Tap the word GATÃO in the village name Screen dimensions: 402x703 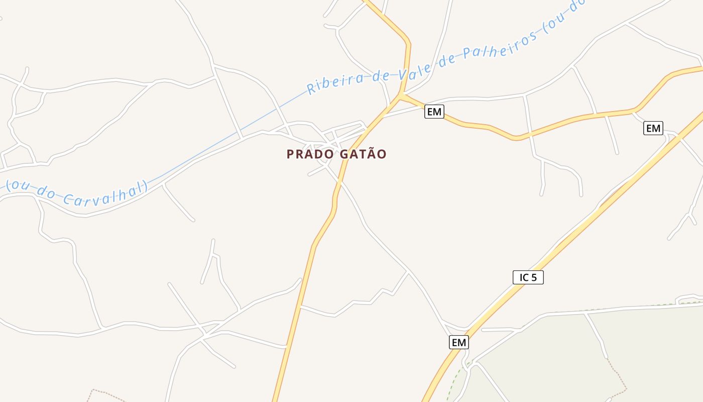pos(363,154)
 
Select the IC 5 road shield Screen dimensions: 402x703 pos(528,277)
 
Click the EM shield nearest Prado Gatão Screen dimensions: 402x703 pos(434,112)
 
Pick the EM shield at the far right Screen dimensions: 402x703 pos(653,129)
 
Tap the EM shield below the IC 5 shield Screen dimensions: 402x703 pos(458,343)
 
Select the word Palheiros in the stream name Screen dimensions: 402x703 pos(497,46)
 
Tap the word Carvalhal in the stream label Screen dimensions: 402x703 pos(105,194)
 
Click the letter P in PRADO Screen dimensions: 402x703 pos(290,154)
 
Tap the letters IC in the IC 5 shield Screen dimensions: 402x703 pos(523,277)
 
